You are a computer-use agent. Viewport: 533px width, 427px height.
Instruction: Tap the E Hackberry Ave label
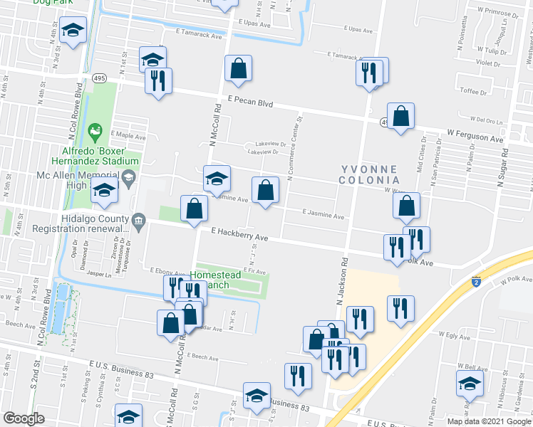click(x=239, y=234)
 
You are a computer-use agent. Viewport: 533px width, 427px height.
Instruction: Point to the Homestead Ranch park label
click(x=218, y=280)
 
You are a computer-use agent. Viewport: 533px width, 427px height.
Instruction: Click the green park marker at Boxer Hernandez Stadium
click(x=98, y=132)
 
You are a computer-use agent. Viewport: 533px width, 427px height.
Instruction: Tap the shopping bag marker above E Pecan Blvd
click(x=239, y=69)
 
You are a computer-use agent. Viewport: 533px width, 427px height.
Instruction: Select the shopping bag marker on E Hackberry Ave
click(x=194, y=209)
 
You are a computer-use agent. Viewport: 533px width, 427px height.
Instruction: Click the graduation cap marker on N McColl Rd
click(x=217, y=178)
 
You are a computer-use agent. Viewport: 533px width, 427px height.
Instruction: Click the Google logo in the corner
click(x=24, y=418)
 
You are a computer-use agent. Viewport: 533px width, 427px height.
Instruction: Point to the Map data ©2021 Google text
click(x=489, y=421)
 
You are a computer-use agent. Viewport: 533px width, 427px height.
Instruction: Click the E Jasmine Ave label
click(x=323, y=213)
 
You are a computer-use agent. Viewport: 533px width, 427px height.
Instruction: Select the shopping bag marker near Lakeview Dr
click(x=265, y=191)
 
